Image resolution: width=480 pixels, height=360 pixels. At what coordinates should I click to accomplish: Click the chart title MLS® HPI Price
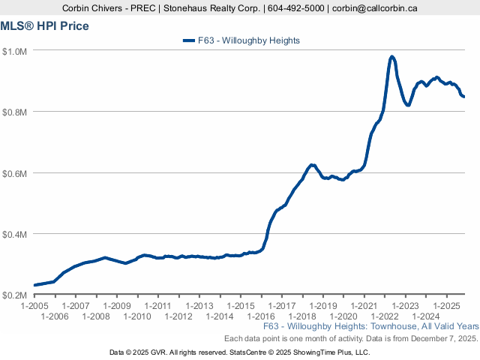tap(44, 26)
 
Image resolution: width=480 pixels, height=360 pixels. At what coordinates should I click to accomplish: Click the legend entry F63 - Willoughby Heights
tap(247, 40)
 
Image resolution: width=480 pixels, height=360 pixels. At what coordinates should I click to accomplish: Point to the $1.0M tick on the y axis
tap(16, 51)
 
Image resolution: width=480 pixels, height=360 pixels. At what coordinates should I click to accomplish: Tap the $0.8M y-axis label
tap(16, 112)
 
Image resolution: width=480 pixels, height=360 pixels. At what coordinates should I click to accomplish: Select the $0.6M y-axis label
tap(16, 173)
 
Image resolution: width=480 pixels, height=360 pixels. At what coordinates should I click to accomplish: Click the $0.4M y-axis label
tap(16, 234)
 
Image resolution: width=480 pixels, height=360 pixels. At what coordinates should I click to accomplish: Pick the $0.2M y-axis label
tap(16, 295)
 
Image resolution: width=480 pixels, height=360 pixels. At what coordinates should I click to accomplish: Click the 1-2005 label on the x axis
tap(34, 306)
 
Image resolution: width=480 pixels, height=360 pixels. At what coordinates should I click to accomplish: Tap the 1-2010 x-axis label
tap(137, 316)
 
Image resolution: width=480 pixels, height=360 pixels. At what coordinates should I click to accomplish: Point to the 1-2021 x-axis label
tap(363, 306)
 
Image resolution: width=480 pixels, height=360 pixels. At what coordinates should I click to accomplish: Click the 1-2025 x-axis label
tap(445, 306)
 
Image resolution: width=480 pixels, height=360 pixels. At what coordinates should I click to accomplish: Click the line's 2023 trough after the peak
tap(408, 105)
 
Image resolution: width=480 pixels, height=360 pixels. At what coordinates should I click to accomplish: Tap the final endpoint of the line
tap(463, 97)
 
